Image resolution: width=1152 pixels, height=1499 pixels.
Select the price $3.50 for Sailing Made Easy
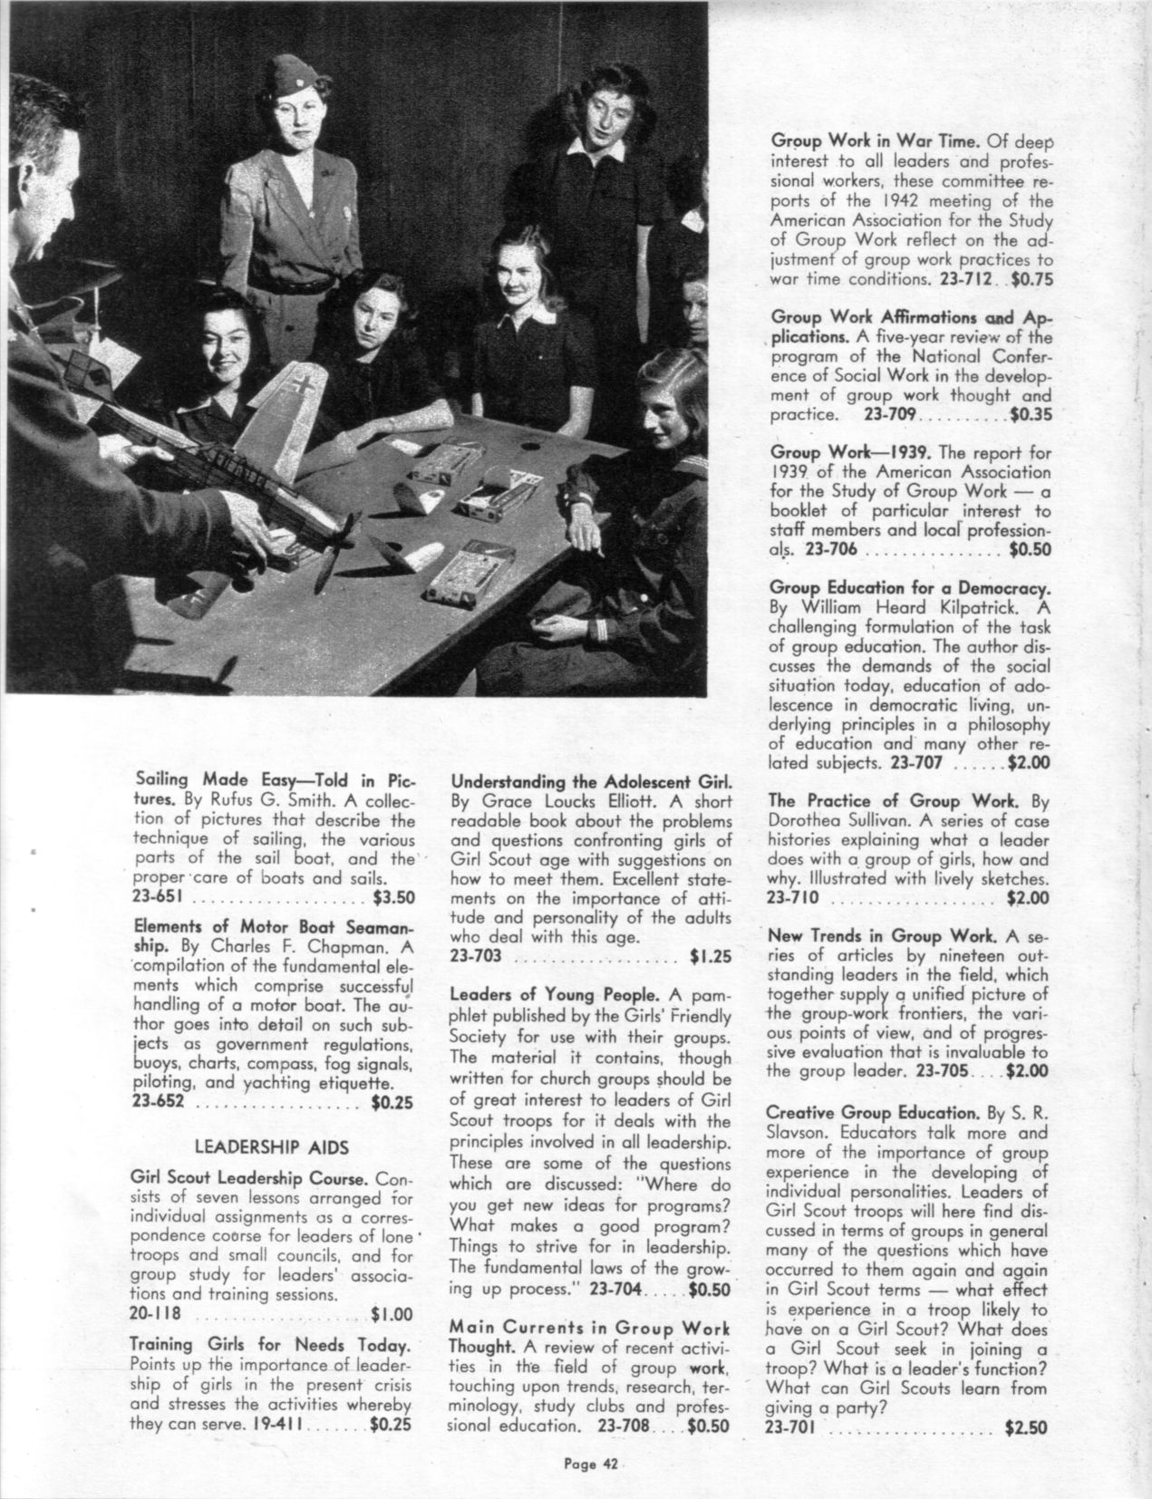[392, 898]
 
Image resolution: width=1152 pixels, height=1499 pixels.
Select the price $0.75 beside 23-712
[1031, 279]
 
